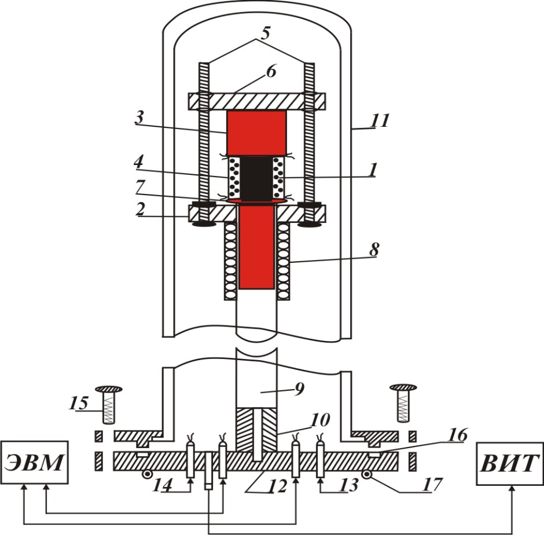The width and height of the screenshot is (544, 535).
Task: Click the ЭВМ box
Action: tap(34, 463)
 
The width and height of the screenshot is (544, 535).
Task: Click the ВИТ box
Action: tap(509, 463)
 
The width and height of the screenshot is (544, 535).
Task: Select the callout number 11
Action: tap(380, 120)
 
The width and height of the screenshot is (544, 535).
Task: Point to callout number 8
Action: tap(374, 249)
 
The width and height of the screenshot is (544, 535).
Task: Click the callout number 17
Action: tap(432, 485)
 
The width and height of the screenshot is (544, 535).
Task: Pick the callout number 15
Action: tap(78, 403)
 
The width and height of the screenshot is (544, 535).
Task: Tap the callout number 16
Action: tap(458, 435)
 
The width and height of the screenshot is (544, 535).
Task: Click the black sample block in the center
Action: tap(256, 178)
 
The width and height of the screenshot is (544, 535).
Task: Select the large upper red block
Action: tap(256, 133)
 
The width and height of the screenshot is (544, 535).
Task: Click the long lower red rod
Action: tap(256, 247)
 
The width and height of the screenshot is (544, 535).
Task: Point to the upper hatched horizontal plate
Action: tap(257, 101)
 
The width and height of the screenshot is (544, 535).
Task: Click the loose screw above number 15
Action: tap(108, 404)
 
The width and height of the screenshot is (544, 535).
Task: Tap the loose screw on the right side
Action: tap(403, 403)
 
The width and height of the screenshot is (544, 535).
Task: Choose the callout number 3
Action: tap(139, 118)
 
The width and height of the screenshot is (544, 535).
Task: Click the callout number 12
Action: tap(277, 486)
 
